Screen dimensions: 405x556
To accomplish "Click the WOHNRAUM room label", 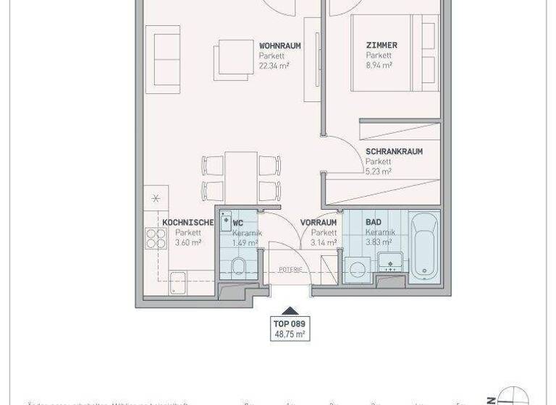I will [x=279, y=46].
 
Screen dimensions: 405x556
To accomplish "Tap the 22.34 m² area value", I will [x=274, y=64].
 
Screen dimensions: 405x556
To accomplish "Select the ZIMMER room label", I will [x=382, y=46].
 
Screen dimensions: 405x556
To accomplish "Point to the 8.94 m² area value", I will [x=379, y=64].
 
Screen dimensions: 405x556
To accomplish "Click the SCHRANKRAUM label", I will [x=394, y=152].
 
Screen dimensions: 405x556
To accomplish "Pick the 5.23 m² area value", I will [x=379, y=171].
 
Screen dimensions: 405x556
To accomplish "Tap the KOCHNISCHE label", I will [x=188, y=223].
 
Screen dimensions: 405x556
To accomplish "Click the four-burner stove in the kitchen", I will [x=156, y=238].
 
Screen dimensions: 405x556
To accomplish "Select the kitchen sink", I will [x=178, y=284].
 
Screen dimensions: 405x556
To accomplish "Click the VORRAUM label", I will [x=319, y=223].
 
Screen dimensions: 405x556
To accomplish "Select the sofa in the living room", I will [x=164, y=60].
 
